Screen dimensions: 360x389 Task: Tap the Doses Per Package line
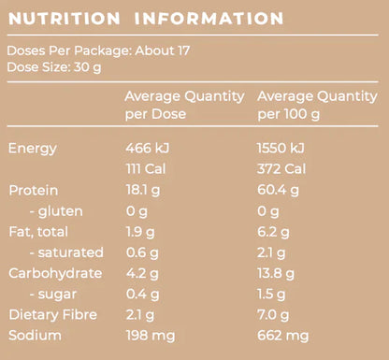click(98, 50)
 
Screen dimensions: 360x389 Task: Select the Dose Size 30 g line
click(54, 67)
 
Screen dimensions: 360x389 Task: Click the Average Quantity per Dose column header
click(185, 105)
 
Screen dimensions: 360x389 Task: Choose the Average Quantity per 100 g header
click(317, 105)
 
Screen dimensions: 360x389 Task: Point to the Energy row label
click(33, 148)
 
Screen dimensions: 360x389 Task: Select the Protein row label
click(34, 190)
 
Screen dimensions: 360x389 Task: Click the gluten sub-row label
click(55, 210)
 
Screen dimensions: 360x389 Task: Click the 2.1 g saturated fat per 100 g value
click(272, 252)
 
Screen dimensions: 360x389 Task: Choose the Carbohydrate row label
click(55, 273)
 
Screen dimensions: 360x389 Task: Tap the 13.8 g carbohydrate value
click(277, 273)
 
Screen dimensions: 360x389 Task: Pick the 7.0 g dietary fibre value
click(274, 314)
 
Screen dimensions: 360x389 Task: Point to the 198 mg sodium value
click(151, 335)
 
